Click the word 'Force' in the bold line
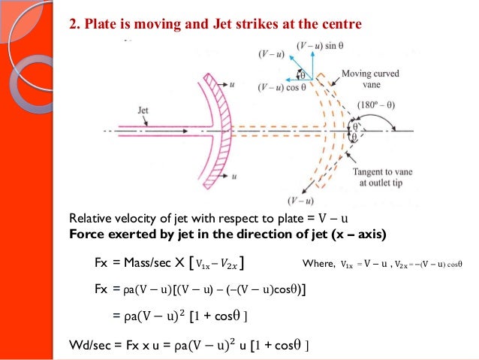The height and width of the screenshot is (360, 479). (x=86, y=234)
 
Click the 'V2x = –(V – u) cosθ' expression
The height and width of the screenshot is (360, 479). (x=427, y=263)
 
